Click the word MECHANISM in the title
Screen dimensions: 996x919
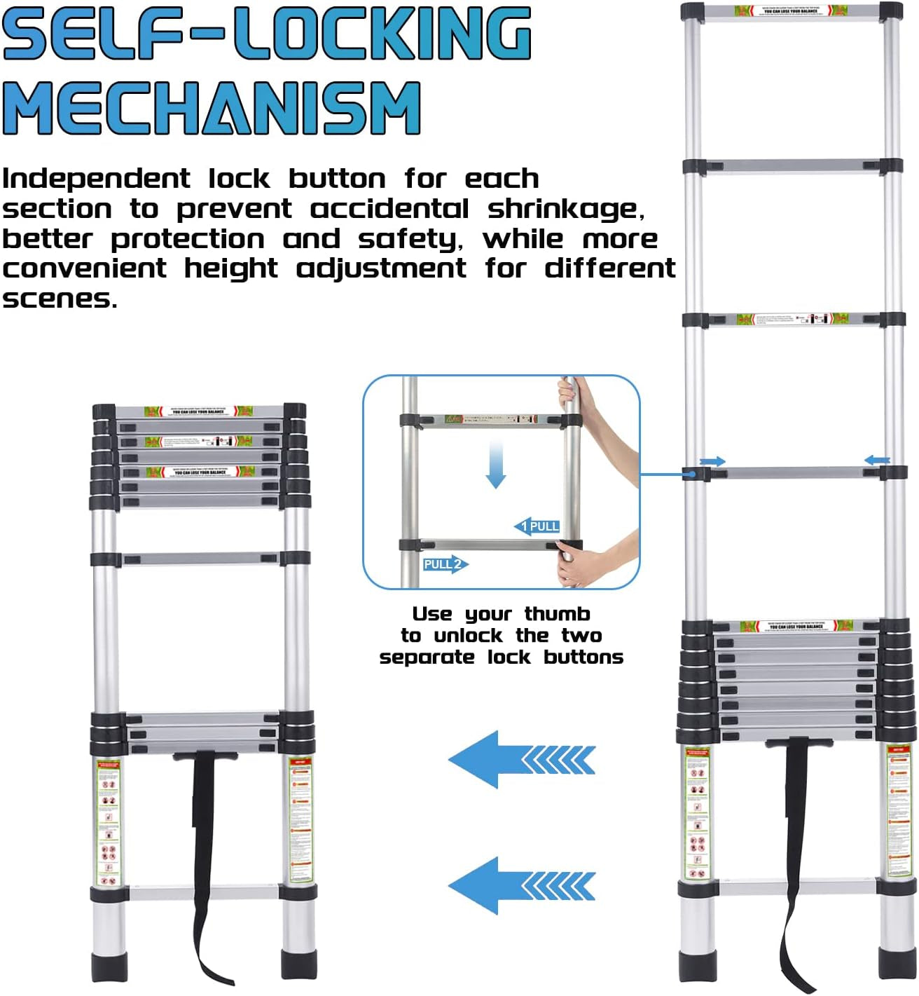[x=212, y=108]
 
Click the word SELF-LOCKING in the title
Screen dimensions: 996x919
[x=266, y=33]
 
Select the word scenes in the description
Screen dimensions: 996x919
[x=59, y=299]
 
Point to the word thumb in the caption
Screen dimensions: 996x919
[x=557, y=614]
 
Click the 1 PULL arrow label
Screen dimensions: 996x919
[x=537, y=526]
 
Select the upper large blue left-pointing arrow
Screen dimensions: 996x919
[x=521, y=760]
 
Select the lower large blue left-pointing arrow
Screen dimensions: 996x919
[x=521, y=886]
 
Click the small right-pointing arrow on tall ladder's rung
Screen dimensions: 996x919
[x=713, y=461]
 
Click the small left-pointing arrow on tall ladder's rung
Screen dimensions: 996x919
[x=876, y=461]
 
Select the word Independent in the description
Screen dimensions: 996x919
[x=96, y=179]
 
